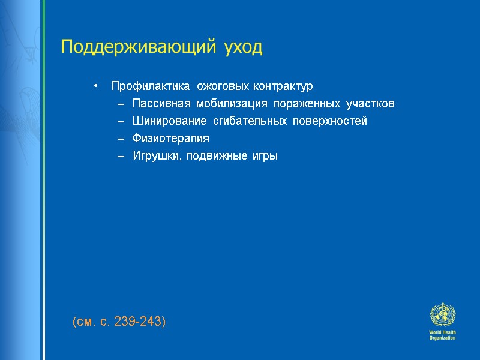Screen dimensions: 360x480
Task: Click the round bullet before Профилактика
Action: coord(95,86)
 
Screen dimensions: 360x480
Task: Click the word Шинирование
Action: coord(167,121)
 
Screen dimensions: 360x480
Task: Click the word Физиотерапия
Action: coord(171,139)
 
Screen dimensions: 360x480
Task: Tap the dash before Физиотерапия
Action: coord(121,139)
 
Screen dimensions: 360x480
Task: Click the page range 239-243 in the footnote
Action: coord(142,322)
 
